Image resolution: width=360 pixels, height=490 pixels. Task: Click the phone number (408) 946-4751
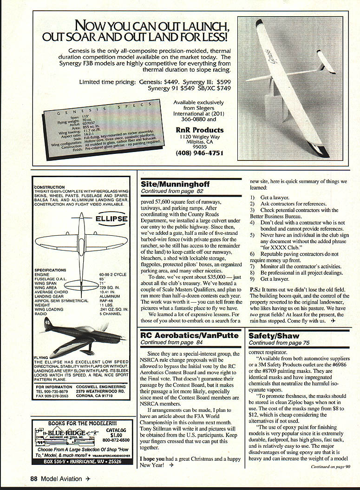(x=199, y=153)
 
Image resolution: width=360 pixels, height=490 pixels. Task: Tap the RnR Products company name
(x=199, y=130)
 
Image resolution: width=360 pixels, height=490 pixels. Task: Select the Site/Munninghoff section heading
(x=175, y=184)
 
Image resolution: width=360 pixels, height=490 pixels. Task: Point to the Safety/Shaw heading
(x=274, y=336)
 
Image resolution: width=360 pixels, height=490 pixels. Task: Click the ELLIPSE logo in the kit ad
(x=109, y=219)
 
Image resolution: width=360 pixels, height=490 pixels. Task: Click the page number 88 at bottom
(x=34, y=478)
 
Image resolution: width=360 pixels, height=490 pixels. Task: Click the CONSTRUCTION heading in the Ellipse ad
(x=50, y=187)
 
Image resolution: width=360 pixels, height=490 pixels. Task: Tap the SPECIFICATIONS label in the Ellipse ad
(x=51, y=270)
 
